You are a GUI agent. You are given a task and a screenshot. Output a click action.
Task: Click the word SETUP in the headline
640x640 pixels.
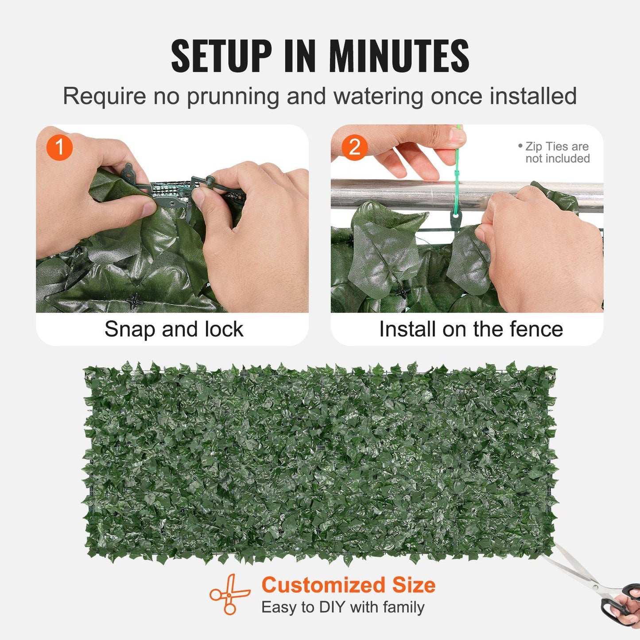(221, 56)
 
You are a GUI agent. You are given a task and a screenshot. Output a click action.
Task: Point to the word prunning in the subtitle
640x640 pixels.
(233, 97)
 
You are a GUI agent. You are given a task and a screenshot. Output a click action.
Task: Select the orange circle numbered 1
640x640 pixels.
(59, 147)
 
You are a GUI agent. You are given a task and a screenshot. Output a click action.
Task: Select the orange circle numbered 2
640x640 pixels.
(354, 147)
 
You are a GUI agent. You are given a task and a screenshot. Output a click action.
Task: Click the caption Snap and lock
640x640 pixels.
(174, 329)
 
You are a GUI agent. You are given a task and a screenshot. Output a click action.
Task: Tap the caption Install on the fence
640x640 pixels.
(471, 329)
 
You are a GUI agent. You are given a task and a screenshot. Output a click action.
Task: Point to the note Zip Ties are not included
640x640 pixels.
(556, 152)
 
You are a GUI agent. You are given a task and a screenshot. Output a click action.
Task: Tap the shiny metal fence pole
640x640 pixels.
(399, 194)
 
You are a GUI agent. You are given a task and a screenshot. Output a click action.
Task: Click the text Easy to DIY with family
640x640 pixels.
(343, 607)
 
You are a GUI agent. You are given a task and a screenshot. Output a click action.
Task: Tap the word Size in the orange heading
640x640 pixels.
(414, 585)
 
